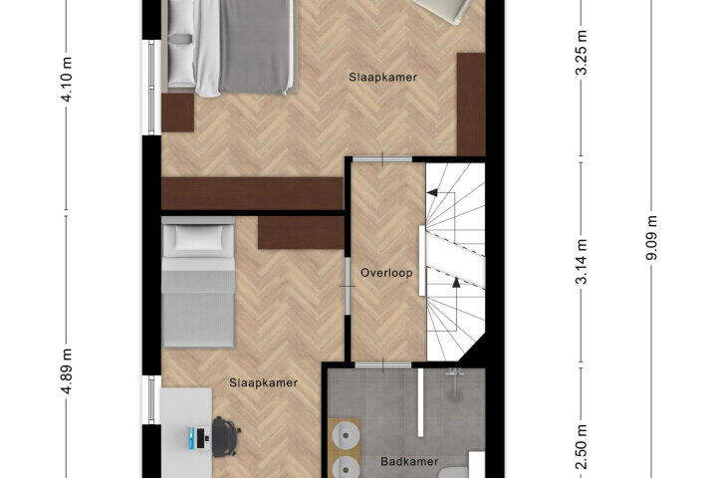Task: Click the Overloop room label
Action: (386, 273)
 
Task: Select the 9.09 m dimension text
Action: (651, 238)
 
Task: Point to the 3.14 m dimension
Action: (582, 262)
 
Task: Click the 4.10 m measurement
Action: (67, 80)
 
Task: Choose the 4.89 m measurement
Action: (67, 371)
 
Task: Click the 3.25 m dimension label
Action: (582, 53)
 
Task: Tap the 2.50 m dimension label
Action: (582, 446)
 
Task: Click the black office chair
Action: (226, 436)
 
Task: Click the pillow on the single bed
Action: (198, 237)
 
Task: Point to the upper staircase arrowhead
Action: (432, 192)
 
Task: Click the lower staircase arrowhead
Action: (456, 282)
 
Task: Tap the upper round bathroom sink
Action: (346, 435)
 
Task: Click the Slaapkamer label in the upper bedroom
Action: (382, 78)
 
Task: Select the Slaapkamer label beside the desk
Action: (263, 382)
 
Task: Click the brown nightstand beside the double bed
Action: (178, 113)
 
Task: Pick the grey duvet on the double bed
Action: (255, 46)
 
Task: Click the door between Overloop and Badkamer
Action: (383, 365)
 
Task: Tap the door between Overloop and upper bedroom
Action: (382, 159)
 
